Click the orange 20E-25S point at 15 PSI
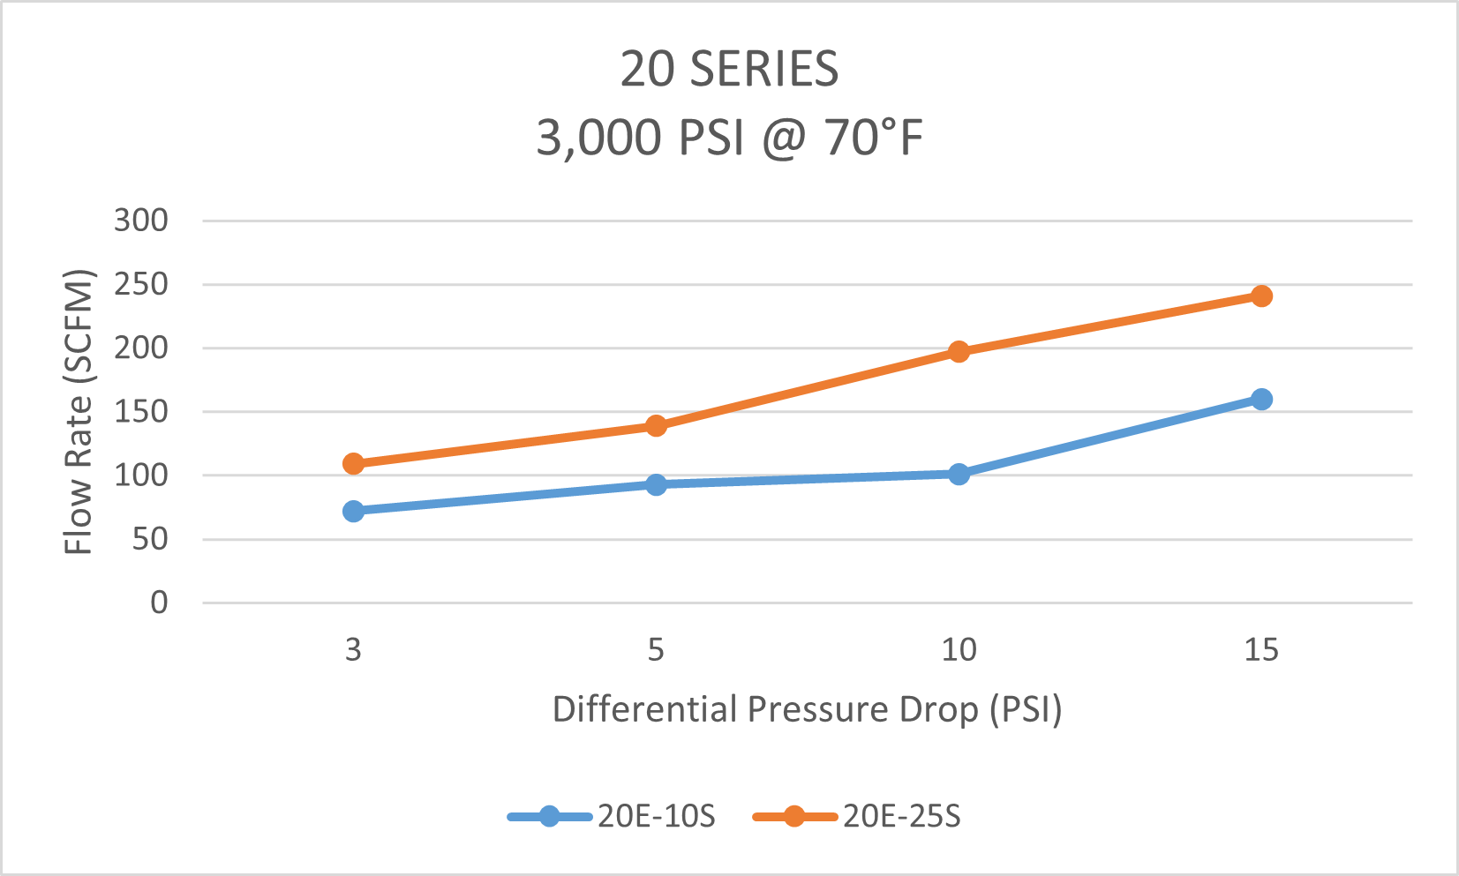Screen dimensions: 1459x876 pyautogui.click(x=1261, y=296)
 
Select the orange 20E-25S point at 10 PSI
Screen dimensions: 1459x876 pyautogui.click(x=959, y=352)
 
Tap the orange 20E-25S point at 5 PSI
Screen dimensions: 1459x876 pyautogui.click(x=656, y=425)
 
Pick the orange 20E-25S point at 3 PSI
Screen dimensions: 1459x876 pyautogui.click(x=353, y=463)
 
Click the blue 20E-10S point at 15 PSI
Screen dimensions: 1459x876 pyautogui.click(x=1261, y=399)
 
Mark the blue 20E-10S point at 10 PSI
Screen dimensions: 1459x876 pyautogui.click(x=959, y=474)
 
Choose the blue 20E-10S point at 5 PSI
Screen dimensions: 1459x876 pyautogui.click(x=656, y=484)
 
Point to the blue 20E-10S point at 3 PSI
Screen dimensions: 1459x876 pyautogui.click(x=353, y=511)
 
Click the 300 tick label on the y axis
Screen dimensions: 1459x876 pyautogui.click(x=140, y=221)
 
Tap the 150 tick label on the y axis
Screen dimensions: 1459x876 pyautogui.click(x=140, y=412)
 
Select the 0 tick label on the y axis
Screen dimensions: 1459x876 pyautogui.click(x=159, y=603)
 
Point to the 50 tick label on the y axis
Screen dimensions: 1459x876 pyautogui.click(x=150, y=540)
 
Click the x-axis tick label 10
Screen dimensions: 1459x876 pyautogui.click(x=959, y=649)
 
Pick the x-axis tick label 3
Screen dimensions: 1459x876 pyautogui.click(x=353, y=649)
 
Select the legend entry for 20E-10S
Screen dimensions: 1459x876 pyautogui.click(x=612, y=816)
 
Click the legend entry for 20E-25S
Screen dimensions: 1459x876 pyautogui.click(x=856, y=816)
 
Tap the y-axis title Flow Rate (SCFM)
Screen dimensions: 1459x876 pyautogui.click(x=79, y=411)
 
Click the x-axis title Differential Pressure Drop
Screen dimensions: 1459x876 pyautogui.click(x=766, y=709)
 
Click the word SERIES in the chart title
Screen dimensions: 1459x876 pyautogui.click(x=764, y=69)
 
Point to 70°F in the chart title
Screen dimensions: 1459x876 pyautogui.click(x=874, y=138)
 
